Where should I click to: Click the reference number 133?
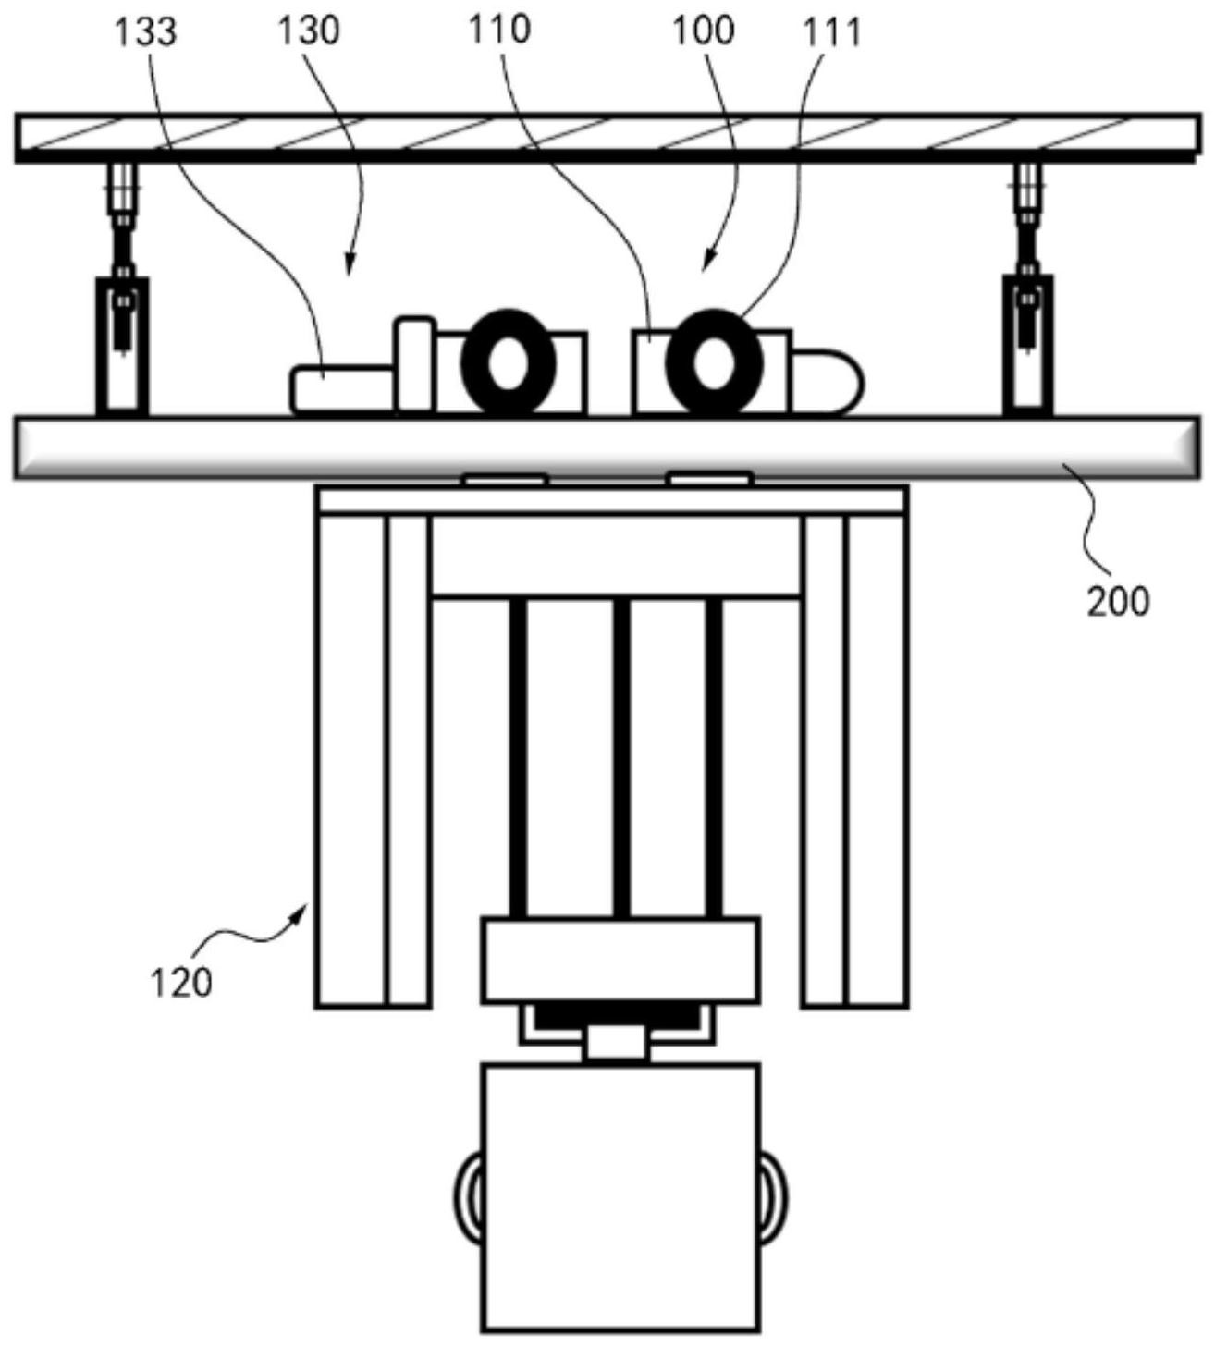146,33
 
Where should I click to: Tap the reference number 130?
309,31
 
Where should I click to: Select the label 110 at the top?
499,30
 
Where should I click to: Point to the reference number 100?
704,31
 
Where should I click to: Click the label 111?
832,33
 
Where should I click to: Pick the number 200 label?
1118,603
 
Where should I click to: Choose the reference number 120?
181,984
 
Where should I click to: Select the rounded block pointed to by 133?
342,389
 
